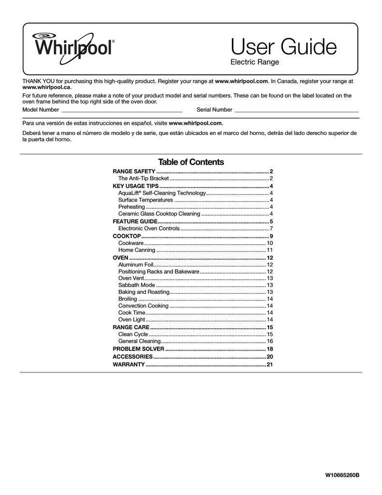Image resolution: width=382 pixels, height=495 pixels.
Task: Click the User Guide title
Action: [x=283, y=47]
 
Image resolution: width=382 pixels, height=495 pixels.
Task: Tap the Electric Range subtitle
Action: [x=255, y=62]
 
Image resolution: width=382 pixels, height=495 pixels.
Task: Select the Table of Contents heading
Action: [x=191, y=162]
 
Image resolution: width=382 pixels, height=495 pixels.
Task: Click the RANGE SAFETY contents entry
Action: [x=134, y=172]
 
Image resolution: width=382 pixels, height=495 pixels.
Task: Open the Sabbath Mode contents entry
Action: [x=137, y=285]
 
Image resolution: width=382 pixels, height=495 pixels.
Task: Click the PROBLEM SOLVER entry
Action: [x=139, y=349]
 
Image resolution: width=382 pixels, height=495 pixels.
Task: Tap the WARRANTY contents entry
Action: [x=128, y=364]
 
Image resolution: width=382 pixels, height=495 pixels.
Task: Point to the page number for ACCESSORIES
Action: [x=270, y=356]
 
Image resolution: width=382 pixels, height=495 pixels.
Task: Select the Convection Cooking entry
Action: [x=143, y=306]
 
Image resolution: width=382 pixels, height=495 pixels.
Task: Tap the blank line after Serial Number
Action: [x=296, y=110]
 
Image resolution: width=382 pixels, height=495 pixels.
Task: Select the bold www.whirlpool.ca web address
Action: [x=47, y=87]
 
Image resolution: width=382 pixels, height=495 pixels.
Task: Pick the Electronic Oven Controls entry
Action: [x=149, y=228]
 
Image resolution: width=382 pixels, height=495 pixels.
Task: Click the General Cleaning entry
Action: [x=140, y=341]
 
